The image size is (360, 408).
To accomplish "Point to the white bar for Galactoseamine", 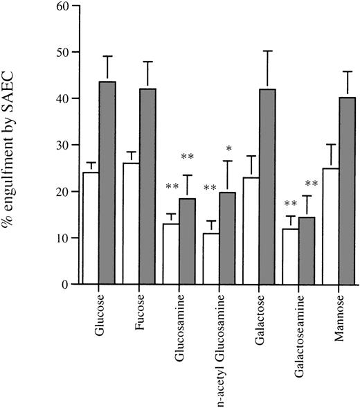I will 291,256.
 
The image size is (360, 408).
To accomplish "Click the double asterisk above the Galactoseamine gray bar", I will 312,184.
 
